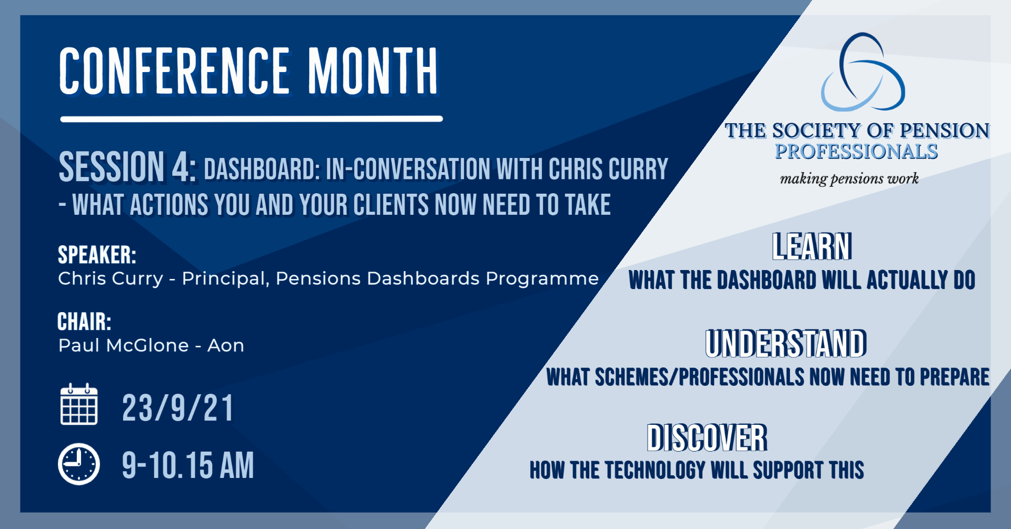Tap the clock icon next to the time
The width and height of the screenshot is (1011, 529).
[x=79, y=464]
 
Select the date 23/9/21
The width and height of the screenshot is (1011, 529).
[x=178, y=408]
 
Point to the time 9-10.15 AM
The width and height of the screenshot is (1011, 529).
[x=188, y=465]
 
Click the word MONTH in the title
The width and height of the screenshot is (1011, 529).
[x=373, y=71]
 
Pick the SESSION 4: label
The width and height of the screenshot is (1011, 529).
[x=128, y=167]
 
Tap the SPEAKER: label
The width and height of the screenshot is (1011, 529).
[x=97, y=255]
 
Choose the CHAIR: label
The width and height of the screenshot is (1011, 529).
[x=84, y=322]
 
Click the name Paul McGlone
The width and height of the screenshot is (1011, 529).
[x=124, y=345]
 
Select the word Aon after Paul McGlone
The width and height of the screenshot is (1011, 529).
[x=226, y=346]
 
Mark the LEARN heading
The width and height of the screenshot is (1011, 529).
[x=812, y=246]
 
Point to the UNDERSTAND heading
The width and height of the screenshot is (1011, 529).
[x=786, y=343]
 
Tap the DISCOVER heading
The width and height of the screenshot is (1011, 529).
[x=707, y=437]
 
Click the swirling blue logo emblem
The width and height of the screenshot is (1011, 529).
[x=863, y=72]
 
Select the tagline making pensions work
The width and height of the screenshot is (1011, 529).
[x=849, y=179]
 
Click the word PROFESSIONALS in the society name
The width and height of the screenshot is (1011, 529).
[x=856, y=152]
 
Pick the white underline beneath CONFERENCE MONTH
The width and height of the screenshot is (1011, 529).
[x=252, y=119]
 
